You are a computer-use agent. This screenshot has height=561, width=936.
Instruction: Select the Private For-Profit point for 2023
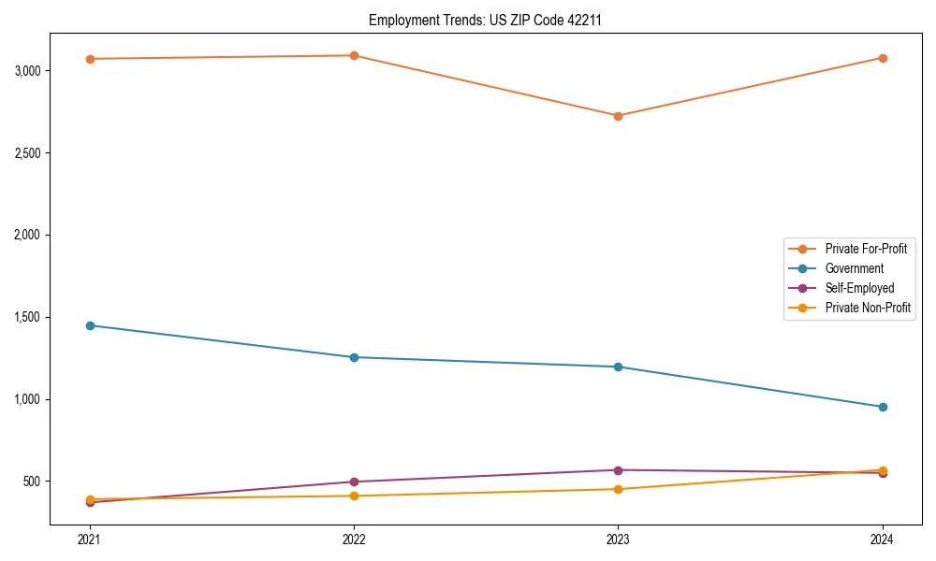click(618, 116)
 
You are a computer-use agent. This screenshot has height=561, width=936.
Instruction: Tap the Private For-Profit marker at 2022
click(354, 55)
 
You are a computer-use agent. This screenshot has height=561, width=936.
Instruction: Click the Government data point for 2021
click(90, 325)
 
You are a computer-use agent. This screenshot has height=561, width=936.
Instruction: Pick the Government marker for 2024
click(883, 407)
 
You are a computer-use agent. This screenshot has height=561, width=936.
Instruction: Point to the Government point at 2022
click(354, 357)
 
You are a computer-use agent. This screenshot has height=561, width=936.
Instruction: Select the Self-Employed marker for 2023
click(618, 470)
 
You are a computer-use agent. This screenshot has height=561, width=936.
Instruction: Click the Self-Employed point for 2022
click(354, 482)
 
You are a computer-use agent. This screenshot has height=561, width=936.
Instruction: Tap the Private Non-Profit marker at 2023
click(618, 489)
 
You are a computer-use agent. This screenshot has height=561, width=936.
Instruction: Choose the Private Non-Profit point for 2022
click(354, 496)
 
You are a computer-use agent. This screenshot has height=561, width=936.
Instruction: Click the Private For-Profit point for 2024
click(883, 58)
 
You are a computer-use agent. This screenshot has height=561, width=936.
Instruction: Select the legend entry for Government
click(854, 268)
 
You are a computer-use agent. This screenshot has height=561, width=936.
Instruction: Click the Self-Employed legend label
click(859, 288)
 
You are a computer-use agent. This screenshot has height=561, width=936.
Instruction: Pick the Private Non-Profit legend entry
click(868, 308)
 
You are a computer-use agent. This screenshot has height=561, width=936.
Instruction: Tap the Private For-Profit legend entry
click(866, 249)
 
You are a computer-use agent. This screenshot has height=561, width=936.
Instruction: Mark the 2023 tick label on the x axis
click(618, 539)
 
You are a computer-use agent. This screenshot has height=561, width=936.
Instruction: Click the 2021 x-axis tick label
click(90, 539)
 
